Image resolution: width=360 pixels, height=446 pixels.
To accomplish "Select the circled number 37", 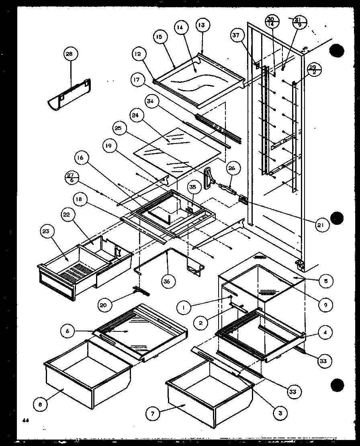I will (236, 36).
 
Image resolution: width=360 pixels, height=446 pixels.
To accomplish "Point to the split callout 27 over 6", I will (71, 177).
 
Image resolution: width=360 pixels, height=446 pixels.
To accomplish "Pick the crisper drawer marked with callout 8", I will (88, 374).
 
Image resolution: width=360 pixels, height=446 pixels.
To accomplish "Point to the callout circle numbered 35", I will (192, 187).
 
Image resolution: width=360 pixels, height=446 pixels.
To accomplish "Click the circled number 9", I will (325, 304).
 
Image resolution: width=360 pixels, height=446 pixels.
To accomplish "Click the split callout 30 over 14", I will (270, 22).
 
